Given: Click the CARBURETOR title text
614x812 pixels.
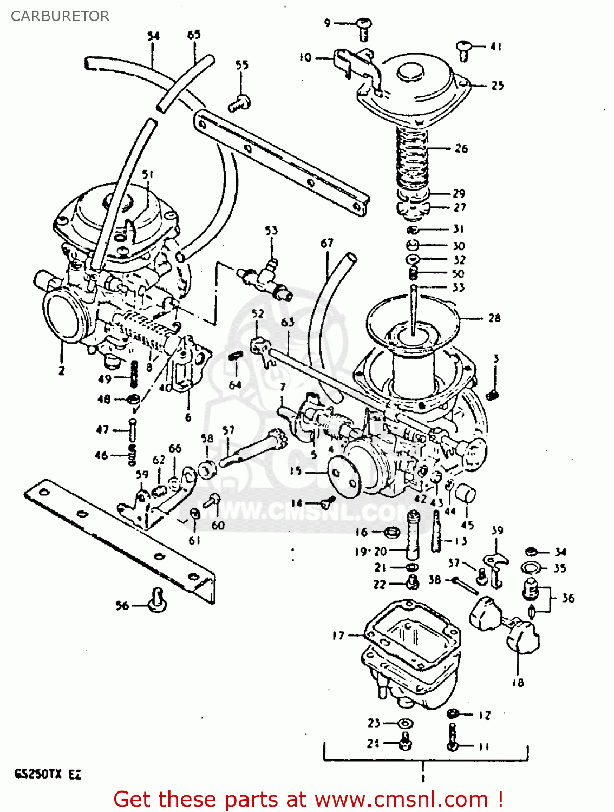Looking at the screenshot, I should pyautogui.click(x=60, y=16).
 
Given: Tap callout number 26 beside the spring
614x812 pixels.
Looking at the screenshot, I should pyautogui.click(x=461, y=148).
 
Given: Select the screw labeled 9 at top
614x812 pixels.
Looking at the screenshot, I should pyautogui.click(x=363, y=28).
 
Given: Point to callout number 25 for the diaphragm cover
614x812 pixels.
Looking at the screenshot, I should pyautogui.click(x=497, y=86).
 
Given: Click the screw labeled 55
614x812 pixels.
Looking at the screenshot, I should pyautogui.click(x=239, y=102).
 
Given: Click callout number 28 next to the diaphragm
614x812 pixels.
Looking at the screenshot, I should pyautogui.click(x=494, y=318).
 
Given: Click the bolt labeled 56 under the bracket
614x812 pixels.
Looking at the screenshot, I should pyautogui.click(x=156, y=601).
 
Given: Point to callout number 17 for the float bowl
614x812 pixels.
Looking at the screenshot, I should pyautogui.click(x=338, y=636).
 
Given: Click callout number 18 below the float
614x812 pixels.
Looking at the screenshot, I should pyautogui.click(x=518, y=683).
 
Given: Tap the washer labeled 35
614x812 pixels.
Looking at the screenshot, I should pyautogui.click(x=531, y=568).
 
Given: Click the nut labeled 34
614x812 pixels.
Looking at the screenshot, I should pyautogui.click(x=531, y=552).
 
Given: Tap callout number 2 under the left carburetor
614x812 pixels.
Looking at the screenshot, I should pyautogui.click(x=61, y=371).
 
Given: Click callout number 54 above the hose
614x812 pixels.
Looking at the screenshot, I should pyautogui.click(x=154, y=36).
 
